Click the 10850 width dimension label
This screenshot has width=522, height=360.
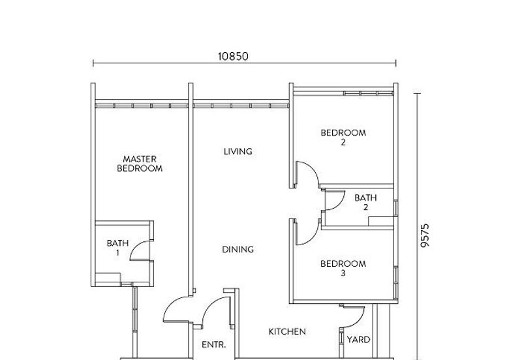232,57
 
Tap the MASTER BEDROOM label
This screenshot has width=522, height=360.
139,163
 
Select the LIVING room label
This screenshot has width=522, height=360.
238,151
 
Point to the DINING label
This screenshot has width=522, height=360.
238,249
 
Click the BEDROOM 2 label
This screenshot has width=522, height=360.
343,137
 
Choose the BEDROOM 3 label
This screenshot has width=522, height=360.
343,268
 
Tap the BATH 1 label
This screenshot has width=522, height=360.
118,247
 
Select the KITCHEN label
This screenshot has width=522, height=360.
287,331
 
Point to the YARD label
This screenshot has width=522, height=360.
359,339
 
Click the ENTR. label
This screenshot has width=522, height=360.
213,345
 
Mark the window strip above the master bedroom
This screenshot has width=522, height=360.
142,104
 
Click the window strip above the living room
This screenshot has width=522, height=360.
241,104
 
